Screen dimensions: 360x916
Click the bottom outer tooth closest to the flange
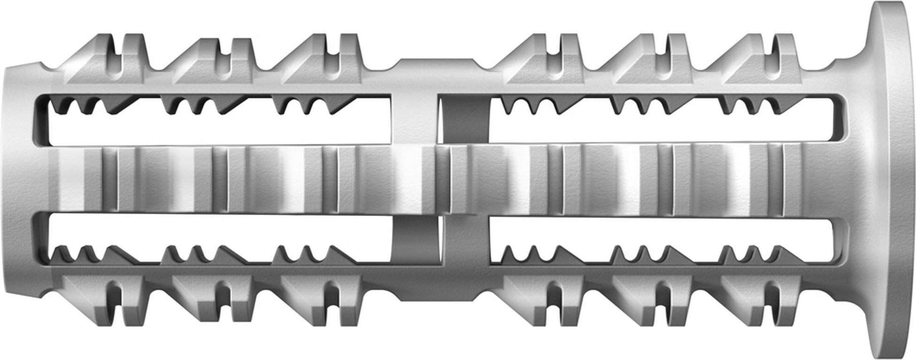(x=761, y=301)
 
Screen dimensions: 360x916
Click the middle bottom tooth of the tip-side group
(x=218, y=301)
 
